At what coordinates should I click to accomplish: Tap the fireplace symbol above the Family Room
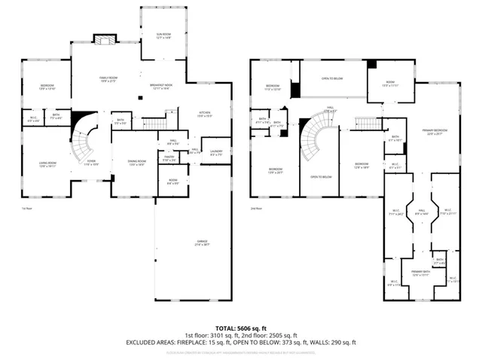(x=102, y=38)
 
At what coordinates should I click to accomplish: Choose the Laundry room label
(x=216, y=154)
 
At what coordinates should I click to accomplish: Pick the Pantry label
(x=169, y=158)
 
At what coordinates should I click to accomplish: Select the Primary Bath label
(x=420, y=273)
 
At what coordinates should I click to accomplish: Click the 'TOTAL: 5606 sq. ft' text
(x=240, y=328)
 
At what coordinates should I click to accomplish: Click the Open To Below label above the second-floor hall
(x=332, y=78)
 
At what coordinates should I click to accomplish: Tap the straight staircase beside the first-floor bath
(x=154, y=124)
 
